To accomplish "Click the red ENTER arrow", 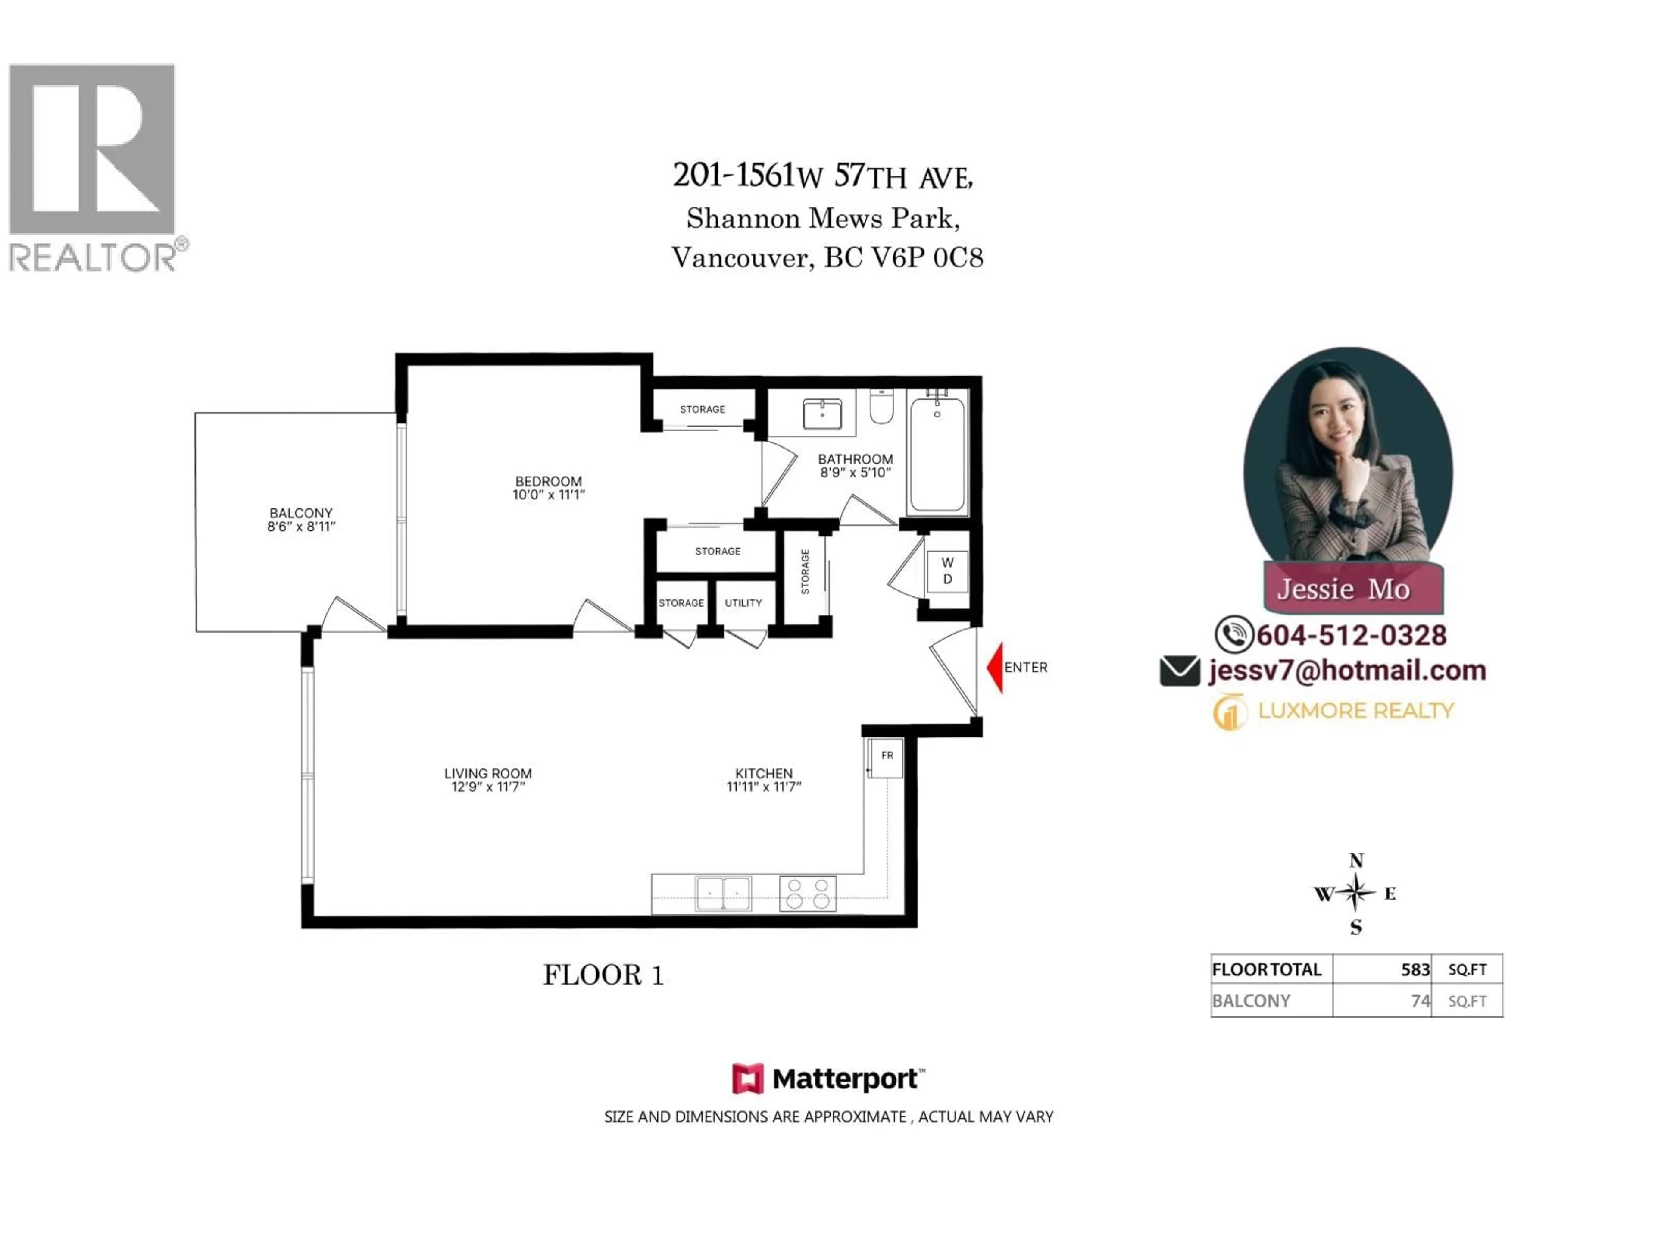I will pos(995,667).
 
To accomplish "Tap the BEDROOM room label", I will pos(548,481).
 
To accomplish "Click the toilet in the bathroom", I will pos(881,407).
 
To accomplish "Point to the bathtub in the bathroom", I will pos(937,455).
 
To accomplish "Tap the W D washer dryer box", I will pos(947,571).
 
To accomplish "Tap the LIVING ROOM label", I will pos(488,773).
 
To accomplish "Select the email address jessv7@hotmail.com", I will pos(1347,671).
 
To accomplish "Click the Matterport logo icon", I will pos(747,1079).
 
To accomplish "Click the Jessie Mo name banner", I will pos(1344,589).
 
